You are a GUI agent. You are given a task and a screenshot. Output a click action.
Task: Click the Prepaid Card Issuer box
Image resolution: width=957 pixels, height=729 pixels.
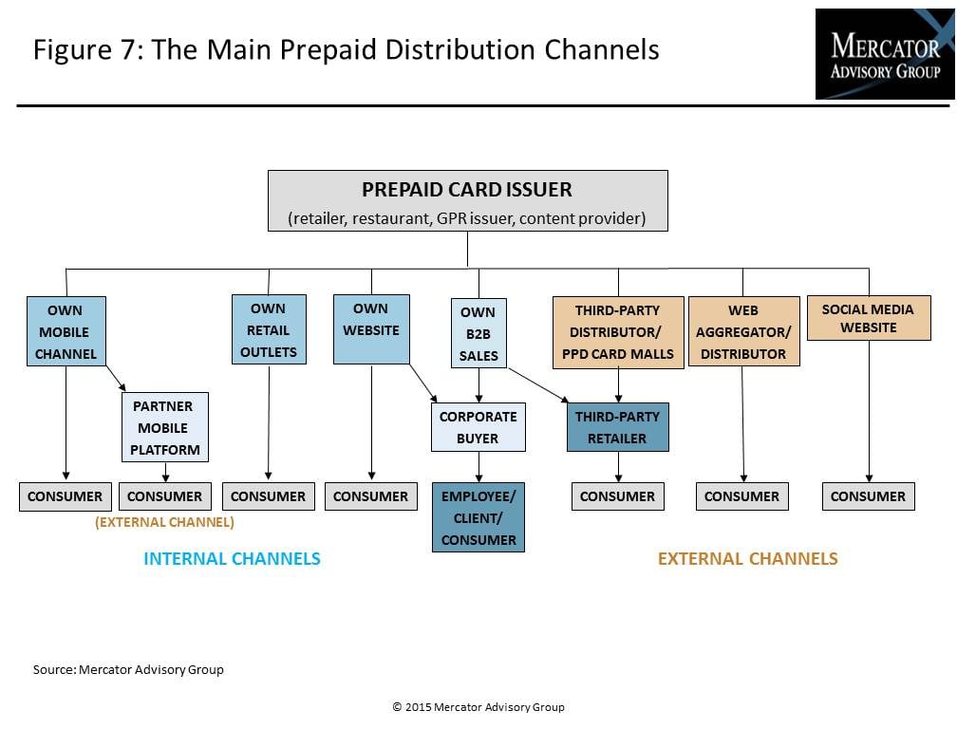point(467,200)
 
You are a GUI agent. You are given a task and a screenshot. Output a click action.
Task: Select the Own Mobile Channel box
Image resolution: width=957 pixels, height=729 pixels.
point(66,331)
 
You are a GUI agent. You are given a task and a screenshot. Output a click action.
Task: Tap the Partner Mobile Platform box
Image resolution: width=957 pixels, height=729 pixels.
point(165,427)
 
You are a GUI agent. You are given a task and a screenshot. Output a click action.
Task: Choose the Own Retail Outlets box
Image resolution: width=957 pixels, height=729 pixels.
point(269,329)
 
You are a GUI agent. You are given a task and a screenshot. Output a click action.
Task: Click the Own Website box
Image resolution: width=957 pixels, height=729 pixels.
point(371,329)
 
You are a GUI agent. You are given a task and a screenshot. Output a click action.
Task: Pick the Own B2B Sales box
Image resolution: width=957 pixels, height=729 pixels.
point(478,333)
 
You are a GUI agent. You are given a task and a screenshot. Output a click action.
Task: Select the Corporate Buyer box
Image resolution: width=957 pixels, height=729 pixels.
point(478,427)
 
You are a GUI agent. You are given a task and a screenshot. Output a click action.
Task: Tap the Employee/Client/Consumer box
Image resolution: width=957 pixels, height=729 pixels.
point(478,517)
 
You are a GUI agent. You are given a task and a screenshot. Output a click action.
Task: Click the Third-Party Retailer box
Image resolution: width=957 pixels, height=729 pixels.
point(618,427)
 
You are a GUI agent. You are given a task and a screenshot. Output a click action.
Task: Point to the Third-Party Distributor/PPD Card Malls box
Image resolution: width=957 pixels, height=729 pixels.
point(618,332)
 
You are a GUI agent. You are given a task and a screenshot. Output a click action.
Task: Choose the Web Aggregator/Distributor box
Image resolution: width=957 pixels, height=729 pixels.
point(743,331)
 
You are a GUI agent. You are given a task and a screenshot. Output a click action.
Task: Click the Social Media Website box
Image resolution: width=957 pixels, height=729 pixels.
point(869,318)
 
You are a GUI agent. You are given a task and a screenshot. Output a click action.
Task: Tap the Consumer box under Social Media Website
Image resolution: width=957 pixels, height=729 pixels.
point(868,496)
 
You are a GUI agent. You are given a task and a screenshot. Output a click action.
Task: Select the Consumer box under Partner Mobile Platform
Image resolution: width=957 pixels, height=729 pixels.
point(165,496)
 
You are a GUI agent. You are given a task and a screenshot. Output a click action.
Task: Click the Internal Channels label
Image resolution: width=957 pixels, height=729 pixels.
point(232,559)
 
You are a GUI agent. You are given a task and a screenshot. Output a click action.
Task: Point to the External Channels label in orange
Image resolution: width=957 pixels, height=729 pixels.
point(748,559)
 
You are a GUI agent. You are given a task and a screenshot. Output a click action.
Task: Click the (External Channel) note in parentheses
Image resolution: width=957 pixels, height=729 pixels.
point(165,522)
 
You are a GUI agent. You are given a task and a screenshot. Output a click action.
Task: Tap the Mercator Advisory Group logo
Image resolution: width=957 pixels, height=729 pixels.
point(885,54)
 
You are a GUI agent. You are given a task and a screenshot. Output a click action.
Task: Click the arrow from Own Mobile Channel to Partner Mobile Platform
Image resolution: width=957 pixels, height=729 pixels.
point(116,378)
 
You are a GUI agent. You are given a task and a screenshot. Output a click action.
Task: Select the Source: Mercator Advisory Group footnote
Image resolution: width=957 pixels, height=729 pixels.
point(128,669)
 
